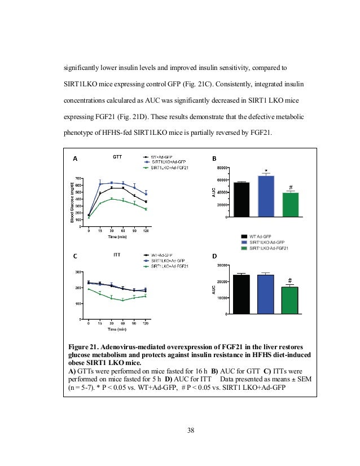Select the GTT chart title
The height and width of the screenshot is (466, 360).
pyautogui.click(x=117, y=156)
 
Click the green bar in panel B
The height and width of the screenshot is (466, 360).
pyautogui.click(x=290, y=204)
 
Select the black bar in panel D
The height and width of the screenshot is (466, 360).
pyautogui.click(x=242, y=294)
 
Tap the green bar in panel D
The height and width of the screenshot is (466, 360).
pyautogui.click(x=289, y=300)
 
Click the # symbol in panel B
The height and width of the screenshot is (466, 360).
pyautogui.click(x=290, y=187)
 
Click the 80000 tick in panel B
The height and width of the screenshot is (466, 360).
pyautogui.click(x=222, y=168)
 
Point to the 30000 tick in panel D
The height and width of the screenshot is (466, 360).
pyautogui.click(x=222, y=265)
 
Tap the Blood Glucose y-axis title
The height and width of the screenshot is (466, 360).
pyautogui.click(x=73, y=200)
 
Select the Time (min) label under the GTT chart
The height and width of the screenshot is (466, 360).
pyautogui.click(x=116, y=237)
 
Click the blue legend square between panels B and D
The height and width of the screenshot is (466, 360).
pyautogui.click(x=244, y=242)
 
